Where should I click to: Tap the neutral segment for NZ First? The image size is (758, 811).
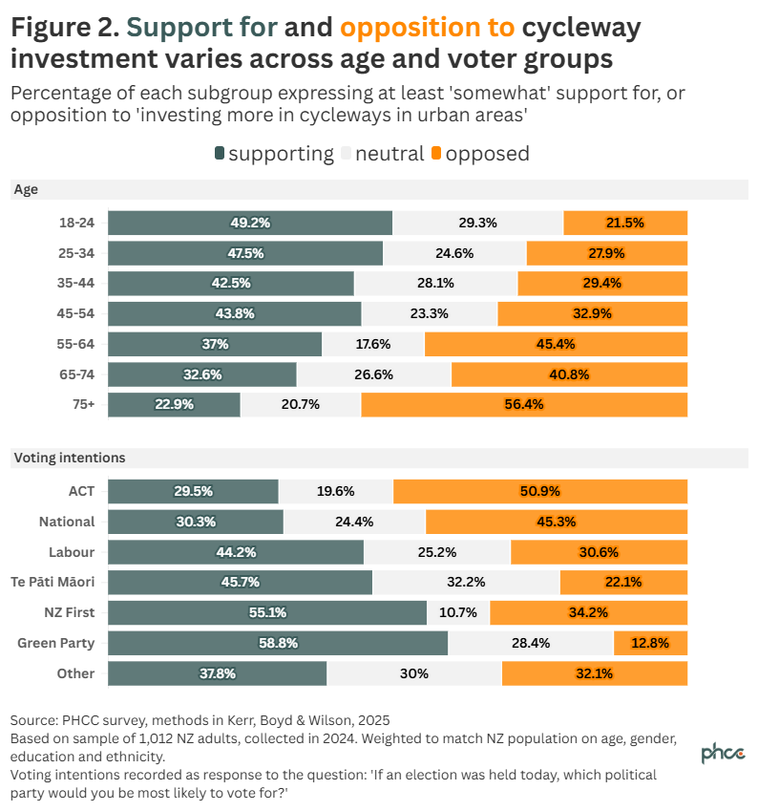458,612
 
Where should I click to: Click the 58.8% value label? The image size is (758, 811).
278,643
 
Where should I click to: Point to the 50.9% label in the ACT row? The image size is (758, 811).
539,491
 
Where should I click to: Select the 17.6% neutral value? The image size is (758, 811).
373,344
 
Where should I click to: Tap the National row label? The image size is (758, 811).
67,522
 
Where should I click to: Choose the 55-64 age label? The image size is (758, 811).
76,344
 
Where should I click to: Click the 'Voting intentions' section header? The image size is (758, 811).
69,458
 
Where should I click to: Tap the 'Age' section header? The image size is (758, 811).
26,189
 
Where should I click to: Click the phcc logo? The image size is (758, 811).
724,753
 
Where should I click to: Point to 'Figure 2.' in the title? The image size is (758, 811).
64,28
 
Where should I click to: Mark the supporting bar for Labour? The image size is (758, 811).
235,552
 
